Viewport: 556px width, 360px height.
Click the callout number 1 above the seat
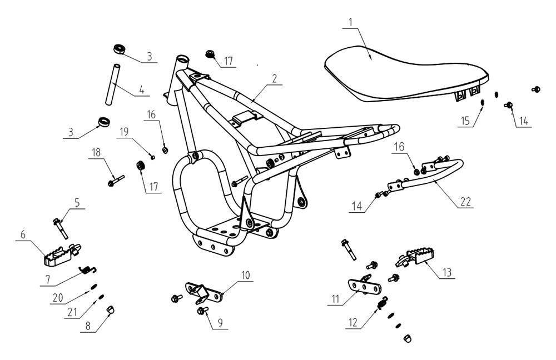point(350,22)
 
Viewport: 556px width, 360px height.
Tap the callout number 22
point(465,202)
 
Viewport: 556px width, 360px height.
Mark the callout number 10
point(245,275)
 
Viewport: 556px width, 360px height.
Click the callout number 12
point(353,321)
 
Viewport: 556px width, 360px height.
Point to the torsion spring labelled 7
point(86,270)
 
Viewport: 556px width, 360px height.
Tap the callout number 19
point(124,132)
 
